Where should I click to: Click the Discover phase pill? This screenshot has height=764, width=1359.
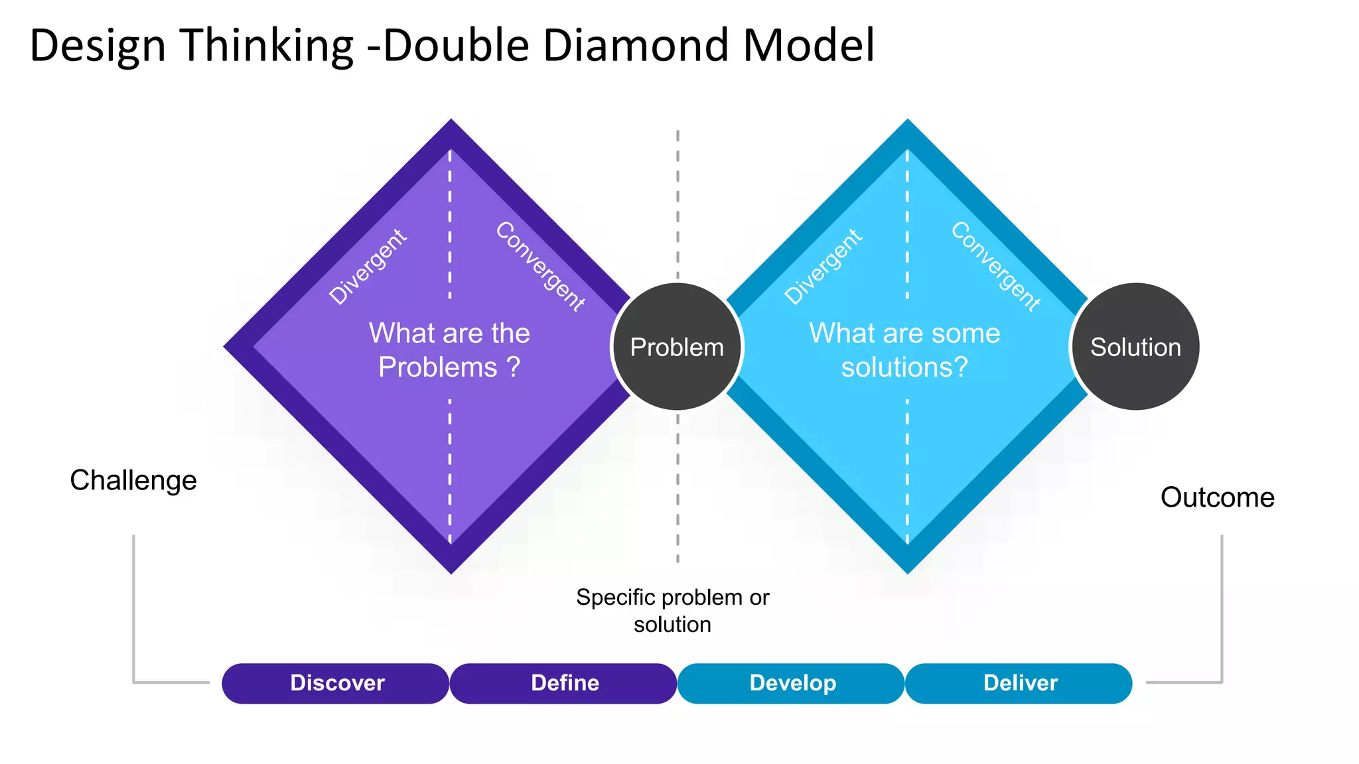click(336, 683)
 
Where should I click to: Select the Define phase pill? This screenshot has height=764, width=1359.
click(564, 683)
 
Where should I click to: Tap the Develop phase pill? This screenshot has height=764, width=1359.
click(792, 683)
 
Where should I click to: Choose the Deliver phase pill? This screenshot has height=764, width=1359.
click(1019, 683)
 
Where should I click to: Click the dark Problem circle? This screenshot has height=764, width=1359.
click(677, 347)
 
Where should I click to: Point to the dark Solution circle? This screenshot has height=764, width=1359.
click(1135, 347)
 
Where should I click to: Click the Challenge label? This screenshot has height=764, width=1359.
click(133, 480)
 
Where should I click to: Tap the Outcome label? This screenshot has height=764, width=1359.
click(1217, 497)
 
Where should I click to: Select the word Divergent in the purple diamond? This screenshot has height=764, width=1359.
click(368, 267)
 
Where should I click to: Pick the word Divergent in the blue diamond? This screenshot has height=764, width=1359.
click(823, 267)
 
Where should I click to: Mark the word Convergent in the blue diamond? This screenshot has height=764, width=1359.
click(996, 267)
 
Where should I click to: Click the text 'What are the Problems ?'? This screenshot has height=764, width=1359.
click(449, 350)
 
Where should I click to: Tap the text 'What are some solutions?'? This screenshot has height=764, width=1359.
click(904, 350)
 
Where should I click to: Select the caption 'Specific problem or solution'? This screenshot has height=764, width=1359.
click(672, 610)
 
